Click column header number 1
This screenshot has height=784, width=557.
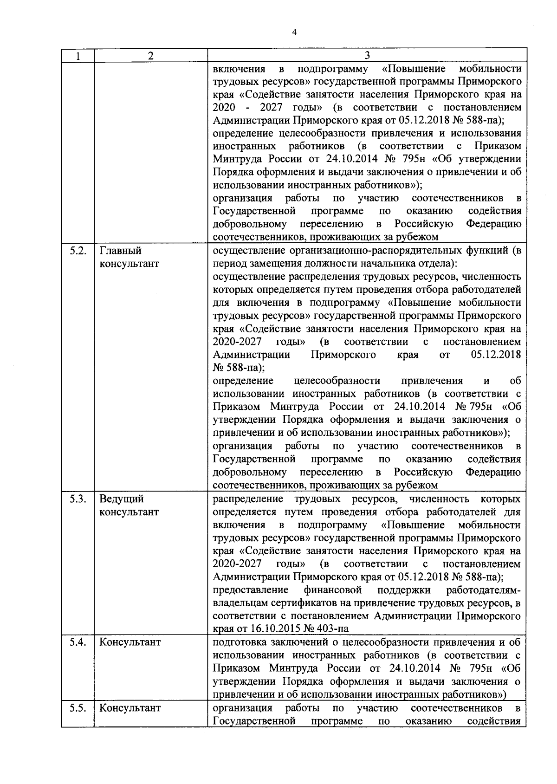click(x=78, y=56)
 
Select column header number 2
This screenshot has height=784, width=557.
click(x=150, y=56)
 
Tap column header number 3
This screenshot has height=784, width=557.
click(x=367, y=56)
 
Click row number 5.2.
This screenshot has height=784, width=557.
click(x=78, y=251)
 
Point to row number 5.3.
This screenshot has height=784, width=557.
click(x=78, y=499)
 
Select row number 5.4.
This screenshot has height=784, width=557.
click(x=78, y=642)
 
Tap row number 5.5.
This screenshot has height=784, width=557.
click(x=78, y=708)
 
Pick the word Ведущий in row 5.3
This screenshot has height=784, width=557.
click(x=122, y=499)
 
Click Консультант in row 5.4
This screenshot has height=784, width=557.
click(x=130, y=642)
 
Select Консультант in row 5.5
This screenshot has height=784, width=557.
click(x=130, y=708)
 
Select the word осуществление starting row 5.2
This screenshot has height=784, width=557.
click(x=248, y=251)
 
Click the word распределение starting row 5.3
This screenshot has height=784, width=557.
click(x=248, y=499)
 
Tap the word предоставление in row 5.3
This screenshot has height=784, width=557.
click(x=251, y=590)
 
